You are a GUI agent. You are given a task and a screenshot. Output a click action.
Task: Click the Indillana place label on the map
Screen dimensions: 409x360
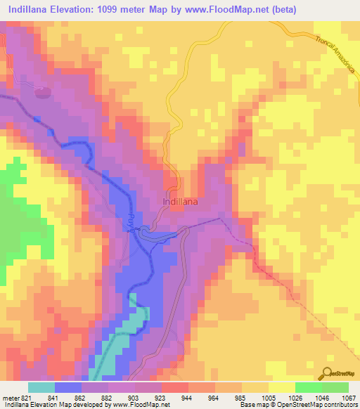coord(180,201)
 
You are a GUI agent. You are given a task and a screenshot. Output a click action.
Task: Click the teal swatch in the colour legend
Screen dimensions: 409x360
coord(41,387)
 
